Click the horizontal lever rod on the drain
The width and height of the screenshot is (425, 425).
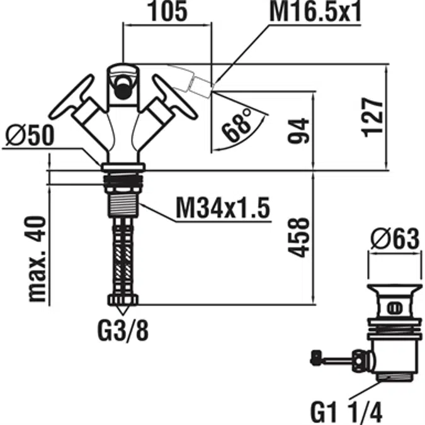tap(334, 360)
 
